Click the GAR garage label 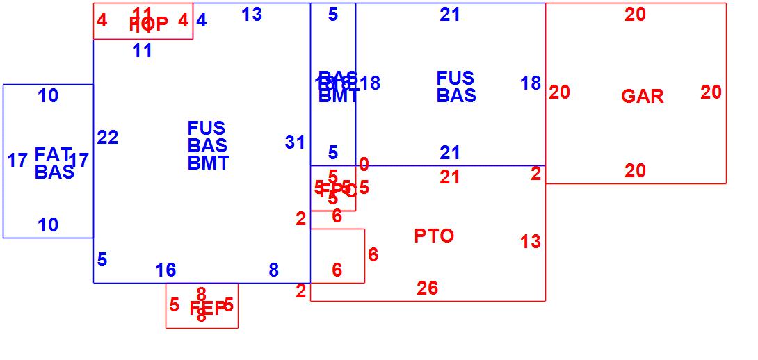[x=642, y=97]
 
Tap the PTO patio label [x=434, y=236]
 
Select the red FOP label [x=148, y=24]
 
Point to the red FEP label [x=208, y=309]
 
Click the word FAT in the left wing [x=53, y=154]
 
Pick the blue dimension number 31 [x=295, y=142]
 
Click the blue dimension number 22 [x=108, y=138]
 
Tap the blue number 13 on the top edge [x=252, y=14]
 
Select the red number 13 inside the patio [x=530, y=242]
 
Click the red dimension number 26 [x=427, y=288]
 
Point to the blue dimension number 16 [x=166, y=270]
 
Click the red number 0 [x=364, y=165]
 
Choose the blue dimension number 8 [x=273, y=270]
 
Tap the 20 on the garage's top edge [x=635, y=15]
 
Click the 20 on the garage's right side [x=711, y=92]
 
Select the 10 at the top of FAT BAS [x=48, y=97]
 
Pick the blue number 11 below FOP [x=142, y=51]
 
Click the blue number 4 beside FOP [x=201, y=20]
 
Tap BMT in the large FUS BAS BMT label [x=208, y=163]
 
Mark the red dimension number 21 [x=450, y=178]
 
